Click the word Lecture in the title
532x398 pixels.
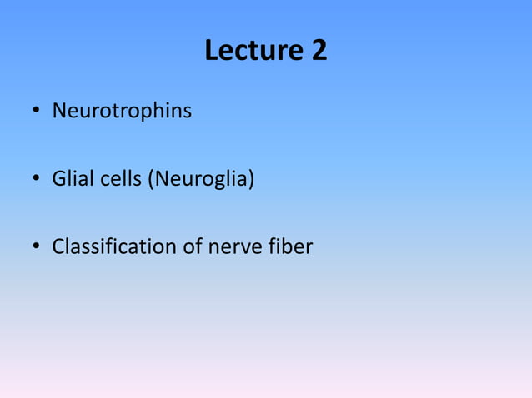click(254, 52)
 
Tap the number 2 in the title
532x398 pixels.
click(319, 52)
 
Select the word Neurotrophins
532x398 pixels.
click(122, 110)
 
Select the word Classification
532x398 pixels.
click(114, 246)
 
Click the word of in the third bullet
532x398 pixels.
click(194, 246)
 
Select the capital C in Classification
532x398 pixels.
click(58, 246)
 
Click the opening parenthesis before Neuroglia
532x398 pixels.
click(150, 178)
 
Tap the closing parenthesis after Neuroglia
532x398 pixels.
click(250, 178)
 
